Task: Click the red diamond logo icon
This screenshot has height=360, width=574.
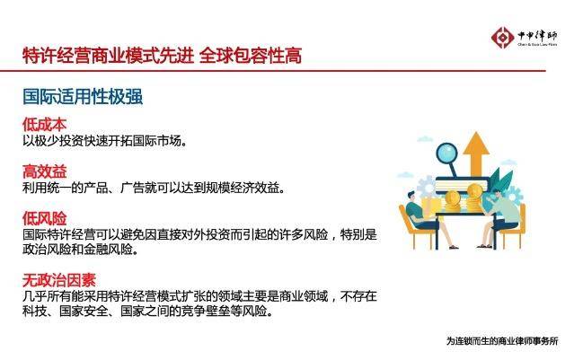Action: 503,38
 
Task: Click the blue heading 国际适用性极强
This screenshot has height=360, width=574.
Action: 83,97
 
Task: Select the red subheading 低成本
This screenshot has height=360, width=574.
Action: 44,125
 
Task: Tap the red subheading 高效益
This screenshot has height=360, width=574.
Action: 44,171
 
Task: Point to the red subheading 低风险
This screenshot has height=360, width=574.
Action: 44,218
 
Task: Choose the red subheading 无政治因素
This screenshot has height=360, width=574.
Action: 59,280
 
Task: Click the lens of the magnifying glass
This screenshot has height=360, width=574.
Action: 447,154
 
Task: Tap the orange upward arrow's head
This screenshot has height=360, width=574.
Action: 476,143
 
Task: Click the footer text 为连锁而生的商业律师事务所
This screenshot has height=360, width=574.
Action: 502,341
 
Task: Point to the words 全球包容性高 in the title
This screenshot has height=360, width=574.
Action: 251,56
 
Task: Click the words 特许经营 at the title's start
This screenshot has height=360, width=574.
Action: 57,56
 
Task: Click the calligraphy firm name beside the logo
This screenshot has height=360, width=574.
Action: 537,36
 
